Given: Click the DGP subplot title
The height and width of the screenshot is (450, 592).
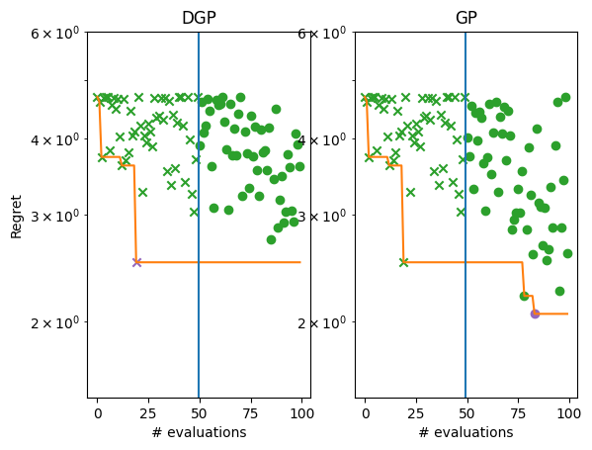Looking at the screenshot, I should pyautogui.click(x=199, y=19).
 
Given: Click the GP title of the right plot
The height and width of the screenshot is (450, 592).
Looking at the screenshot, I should pyautogui.click(x=466, y=19).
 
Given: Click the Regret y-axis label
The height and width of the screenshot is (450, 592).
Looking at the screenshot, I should pyautogui.click(x=16, y=216).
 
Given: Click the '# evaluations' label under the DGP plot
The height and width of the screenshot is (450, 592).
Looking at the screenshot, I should pyautogui.click(x=199, y=432).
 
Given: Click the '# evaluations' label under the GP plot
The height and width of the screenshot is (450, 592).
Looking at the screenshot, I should pyautogui.click(x=466, y=432).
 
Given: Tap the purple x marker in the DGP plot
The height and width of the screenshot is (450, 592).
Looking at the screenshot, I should pyautogui.click(x=136, y=262).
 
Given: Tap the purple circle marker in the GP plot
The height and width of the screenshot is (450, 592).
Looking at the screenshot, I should pyautogui.click(x=535, y=314).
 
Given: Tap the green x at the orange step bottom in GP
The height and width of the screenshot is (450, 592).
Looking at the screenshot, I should pyautogui.click(x=403, y=262).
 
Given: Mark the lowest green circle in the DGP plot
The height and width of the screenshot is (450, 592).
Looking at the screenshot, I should pyautogui.click(x=271, y=239).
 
